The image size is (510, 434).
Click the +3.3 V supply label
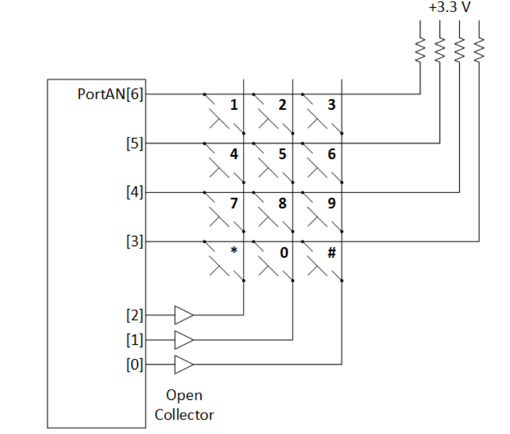(449, 9)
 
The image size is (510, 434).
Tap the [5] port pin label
(135, 143)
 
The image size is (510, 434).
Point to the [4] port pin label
(135, 192)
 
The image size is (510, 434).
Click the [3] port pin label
(135, 242)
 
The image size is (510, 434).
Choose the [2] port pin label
(135, 315)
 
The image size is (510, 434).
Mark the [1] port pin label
(135, 340)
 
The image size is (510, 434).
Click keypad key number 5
(282, 154)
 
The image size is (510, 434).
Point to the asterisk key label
(234, 251)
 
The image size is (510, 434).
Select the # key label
(332, 252)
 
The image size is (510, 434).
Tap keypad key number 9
(332, 204)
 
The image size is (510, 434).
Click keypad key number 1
(234, 105)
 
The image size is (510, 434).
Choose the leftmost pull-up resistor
(420, 49)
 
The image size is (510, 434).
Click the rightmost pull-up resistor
(478, 49)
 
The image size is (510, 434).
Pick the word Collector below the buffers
(184, 414)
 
